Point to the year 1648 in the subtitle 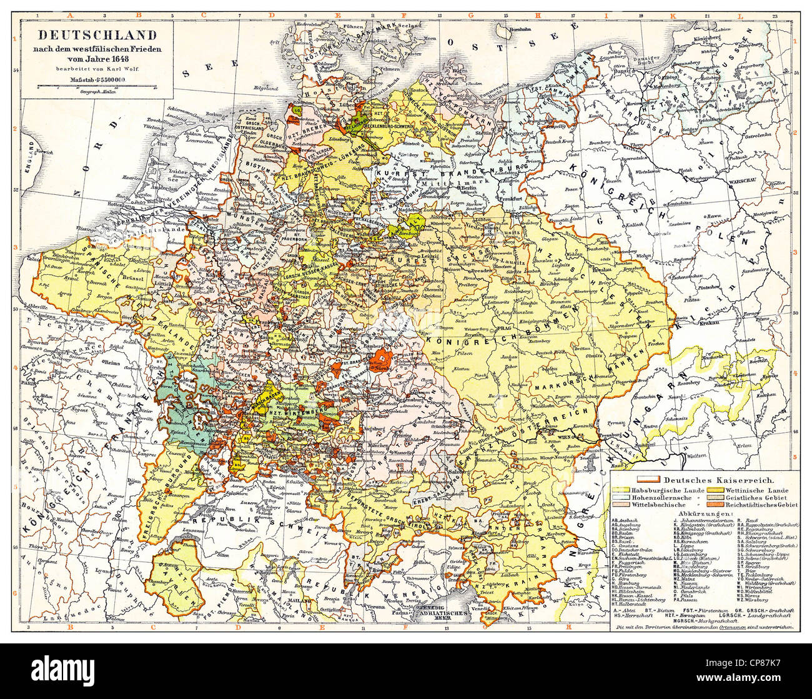coord(136,59)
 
